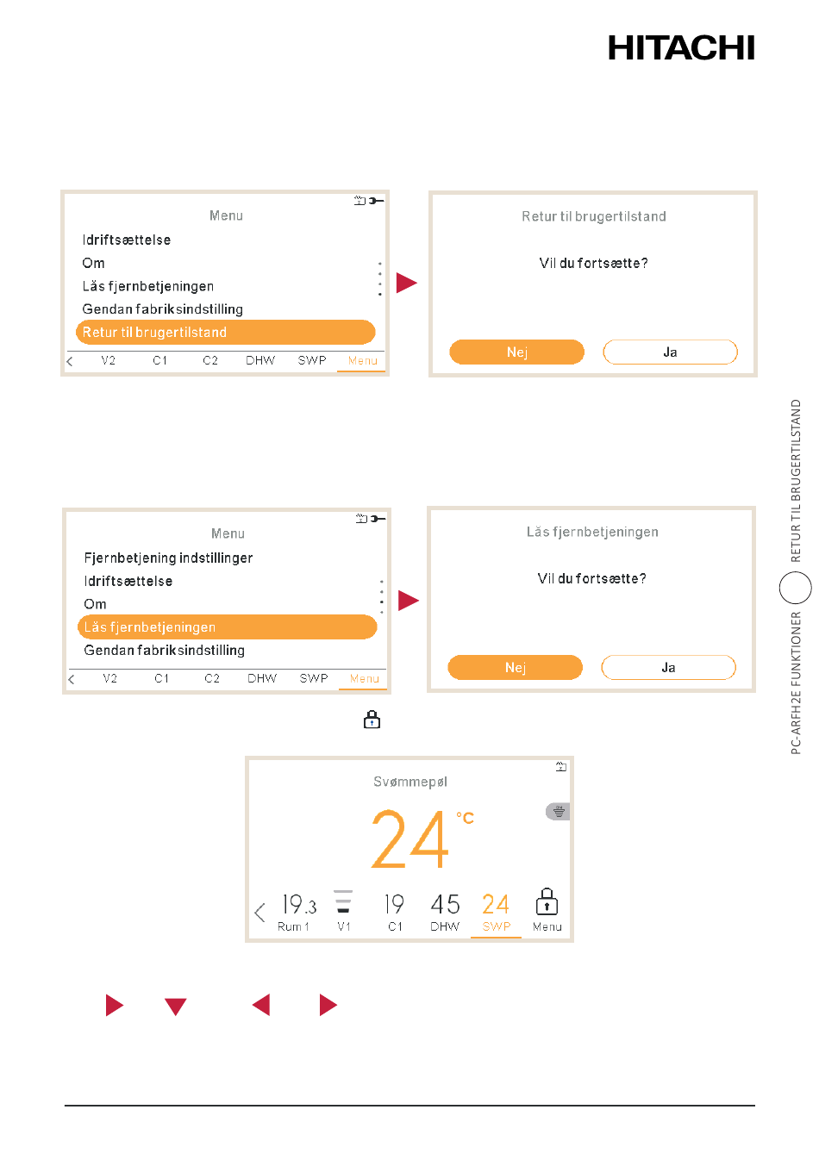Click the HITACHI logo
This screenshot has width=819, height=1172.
[x=680, y=48]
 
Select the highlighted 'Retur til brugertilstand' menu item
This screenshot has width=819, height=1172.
[x=225, y=333]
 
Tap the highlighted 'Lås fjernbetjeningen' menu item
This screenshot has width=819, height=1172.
[x=227, y=627]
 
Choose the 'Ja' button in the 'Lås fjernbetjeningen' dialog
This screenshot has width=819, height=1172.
[x=668, y=667]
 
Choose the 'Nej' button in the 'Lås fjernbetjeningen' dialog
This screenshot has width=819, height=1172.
[x=515, y=667]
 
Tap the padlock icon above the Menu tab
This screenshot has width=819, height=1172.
[x=547, y=901]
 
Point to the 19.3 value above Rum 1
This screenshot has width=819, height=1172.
[x=299, y=904]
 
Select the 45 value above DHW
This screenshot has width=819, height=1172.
[x=445, y=904]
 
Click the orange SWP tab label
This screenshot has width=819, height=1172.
[x=496, y=926]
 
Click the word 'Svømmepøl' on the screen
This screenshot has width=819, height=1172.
[x=409, y=782]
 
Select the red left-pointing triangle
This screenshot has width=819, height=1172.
[x=261, y=1005]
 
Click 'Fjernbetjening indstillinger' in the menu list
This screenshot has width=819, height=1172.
[x=168, y=558]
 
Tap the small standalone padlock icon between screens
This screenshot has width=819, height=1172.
[x=372, y=720]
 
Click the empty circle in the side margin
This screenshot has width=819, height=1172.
[x=795, y=588]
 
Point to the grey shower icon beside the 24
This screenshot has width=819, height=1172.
[x=558, y=812]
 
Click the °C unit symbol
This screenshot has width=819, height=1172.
[x=465, y=818]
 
